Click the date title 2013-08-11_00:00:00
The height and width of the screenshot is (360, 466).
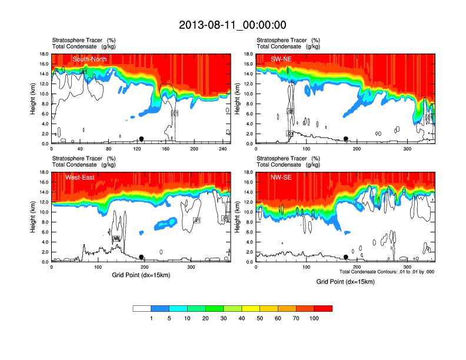pyautogui.click(x=232, y=25)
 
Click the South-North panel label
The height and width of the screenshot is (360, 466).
pyautogui.click(x=89, y=59)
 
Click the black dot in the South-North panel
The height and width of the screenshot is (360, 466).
pyautogui.click(x=141, y=139)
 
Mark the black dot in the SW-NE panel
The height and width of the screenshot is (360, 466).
pyautogui.click(x=346, y=139)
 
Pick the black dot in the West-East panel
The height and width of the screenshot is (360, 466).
pyautogui.click(x=141, y=257)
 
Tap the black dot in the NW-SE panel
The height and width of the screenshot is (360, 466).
pyautogui.click(x=346, y=257)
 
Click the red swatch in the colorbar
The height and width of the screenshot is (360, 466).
pyautogui.click(x=323, y=308)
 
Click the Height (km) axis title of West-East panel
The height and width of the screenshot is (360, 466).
pyautogui.click(x=33, y=217)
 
